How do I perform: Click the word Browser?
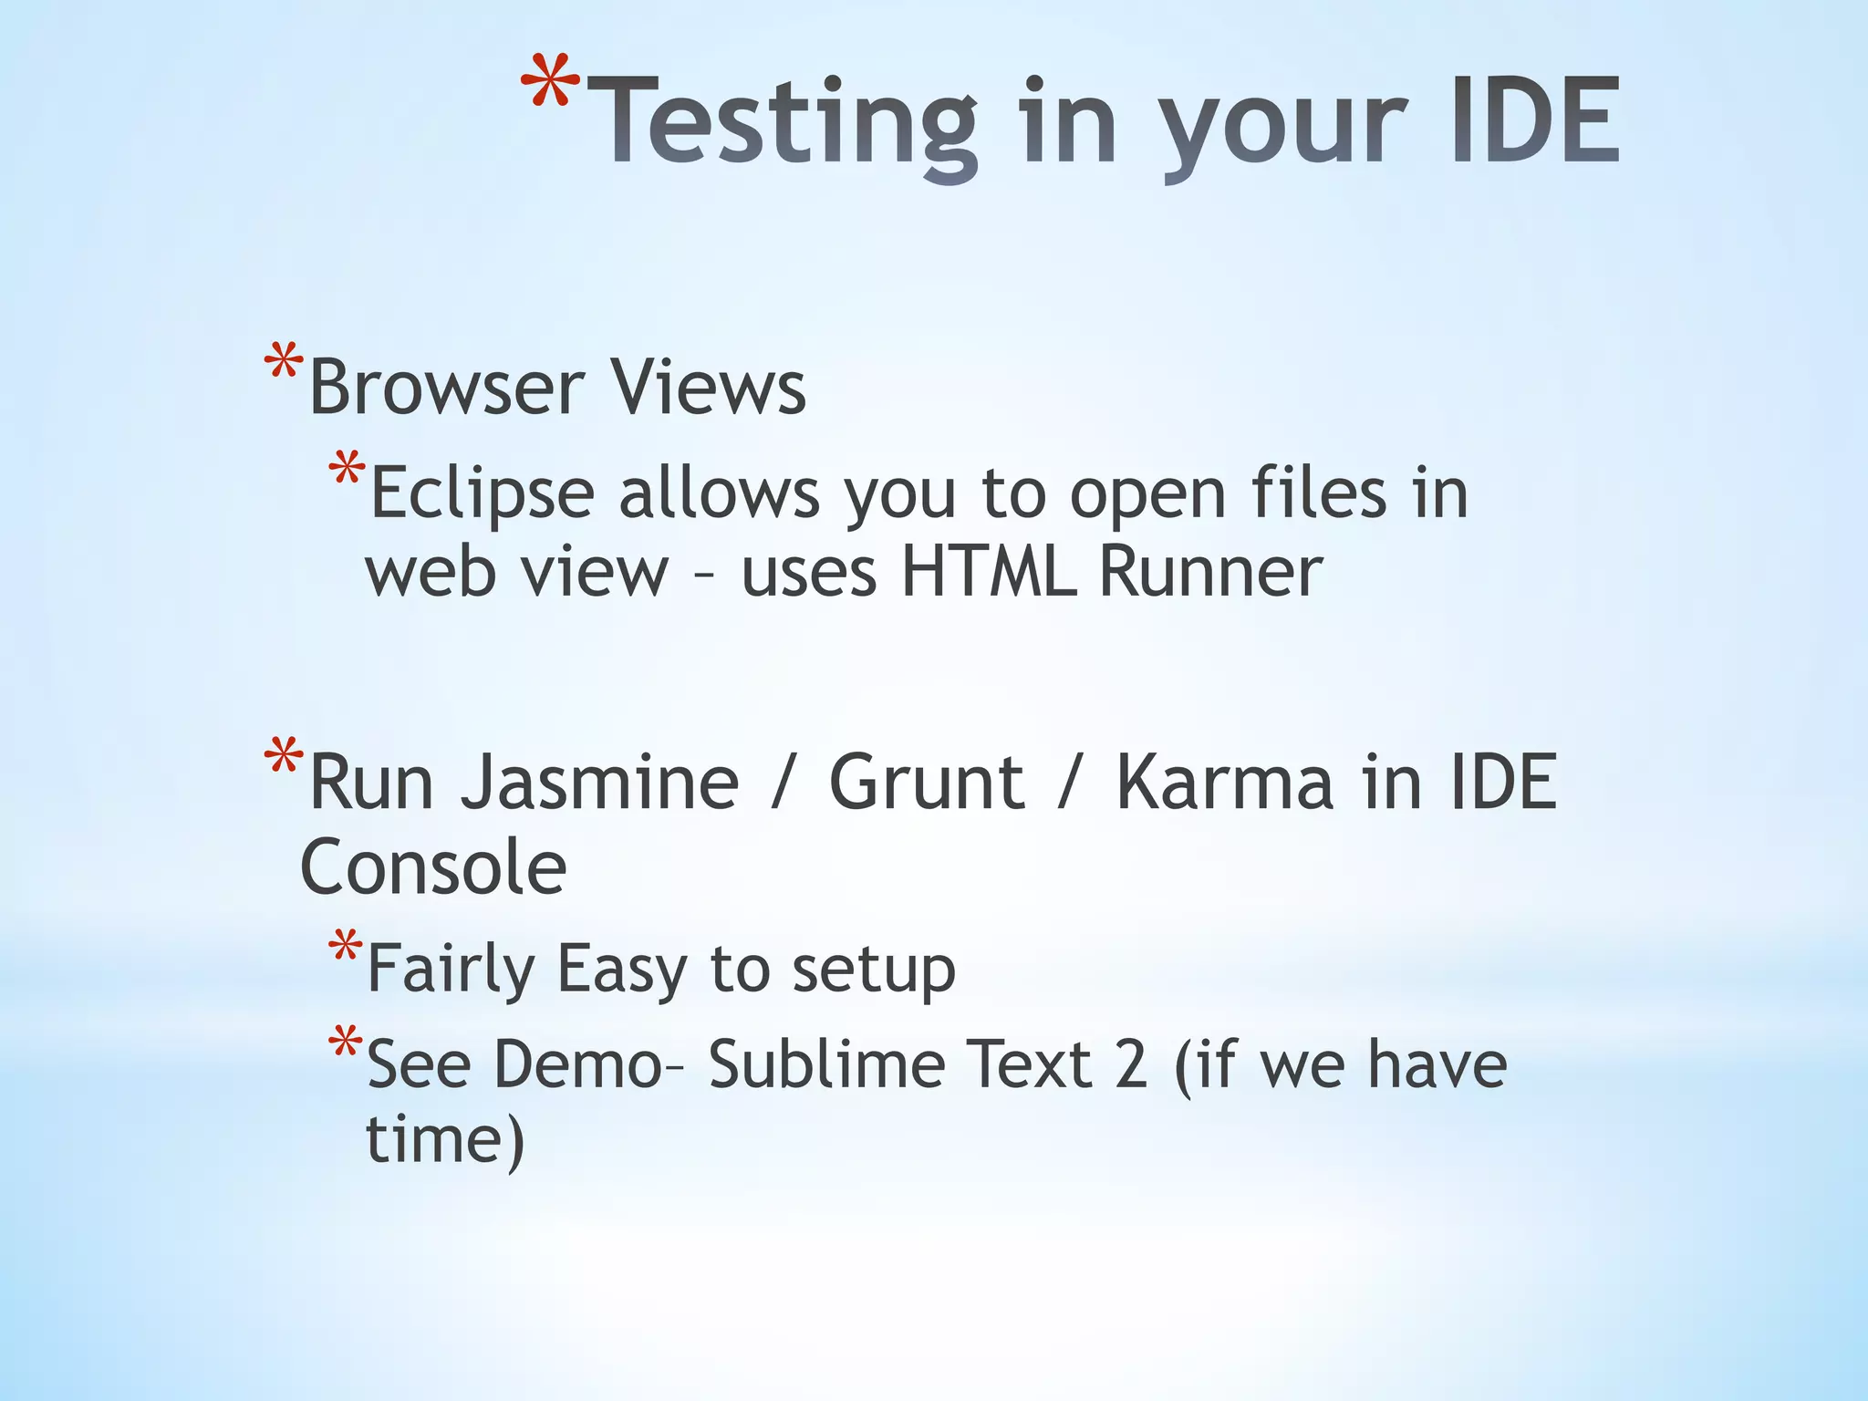(446, 388)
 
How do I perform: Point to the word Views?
(708, 386)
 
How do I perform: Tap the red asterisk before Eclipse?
(348, 471)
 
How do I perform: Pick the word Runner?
(1210, 572)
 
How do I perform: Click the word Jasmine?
(599, 783)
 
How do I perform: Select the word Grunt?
(926, 783)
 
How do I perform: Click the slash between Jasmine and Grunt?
(781, 783)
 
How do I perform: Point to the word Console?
(433, 867)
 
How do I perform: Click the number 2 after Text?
(1131, 1064)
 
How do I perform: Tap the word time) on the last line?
(445, 1140)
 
